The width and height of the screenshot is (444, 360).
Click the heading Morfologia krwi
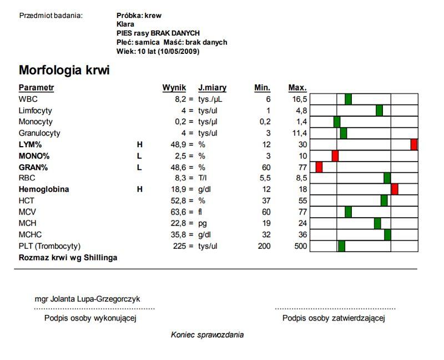(x=64, y=71)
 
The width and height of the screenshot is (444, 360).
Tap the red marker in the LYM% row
(x=414, y=144)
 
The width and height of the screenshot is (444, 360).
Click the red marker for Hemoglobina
(x=395, y=189)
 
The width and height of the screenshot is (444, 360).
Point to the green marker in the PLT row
(x=341, y=246)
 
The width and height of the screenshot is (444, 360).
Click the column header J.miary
(x=212, y=88)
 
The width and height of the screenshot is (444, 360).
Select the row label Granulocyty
(x=39, y=133)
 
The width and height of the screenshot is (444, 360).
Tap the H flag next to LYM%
(x=139, y=144)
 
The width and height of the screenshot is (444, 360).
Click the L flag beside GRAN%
(x=139, y=167)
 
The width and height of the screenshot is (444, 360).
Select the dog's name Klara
(x=125, y=24)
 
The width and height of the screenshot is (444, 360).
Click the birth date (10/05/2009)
(x=178, y=52)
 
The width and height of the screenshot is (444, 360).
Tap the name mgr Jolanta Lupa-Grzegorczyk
(x=87, y=299)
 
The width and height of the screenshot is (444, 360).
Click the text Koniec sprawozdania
(x=207, y=334)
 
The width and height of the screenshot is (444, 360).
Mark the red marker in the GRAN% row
(x=319, y=167)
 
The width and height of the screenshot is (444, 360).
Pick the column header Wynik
(x=174, y=88)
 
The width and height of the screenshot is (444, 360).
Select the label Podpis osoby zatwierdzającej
(x=334, y=318)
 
